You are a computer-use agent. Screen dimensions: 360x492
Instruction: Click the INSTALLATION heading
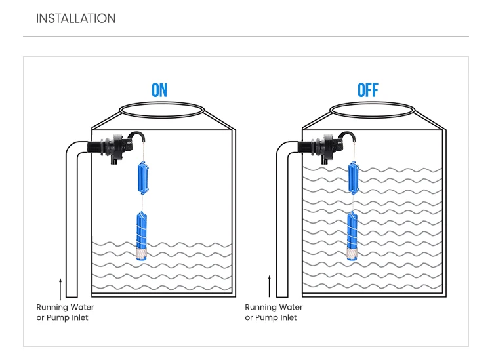point(75,18)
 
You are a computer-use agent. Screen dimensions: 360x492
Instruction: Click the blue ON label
point(159,90)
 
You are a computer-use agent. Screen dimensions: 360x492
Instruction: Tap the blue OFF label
point(368,90)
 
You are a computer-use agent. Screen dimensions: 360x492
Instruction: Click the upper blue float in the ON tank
point(143,178)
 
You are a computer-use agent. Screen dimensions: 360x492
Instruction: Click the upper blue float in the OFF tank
point(354,179)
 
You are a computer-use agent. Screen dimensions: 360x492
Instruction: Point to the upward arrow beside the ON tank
point(60,288)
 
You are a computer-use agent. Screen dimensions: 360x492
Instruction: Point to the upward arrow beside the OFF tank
point(270,288)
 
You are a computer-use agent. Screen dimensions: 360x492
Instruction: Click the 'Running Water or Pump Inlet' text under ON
point(65,312)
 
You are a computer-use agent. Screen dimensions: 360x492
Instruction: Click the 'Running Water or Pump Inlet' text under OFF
point(274,312)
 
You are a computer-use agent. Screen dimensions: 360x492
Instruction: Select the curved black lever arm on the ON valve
point(136,136)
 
